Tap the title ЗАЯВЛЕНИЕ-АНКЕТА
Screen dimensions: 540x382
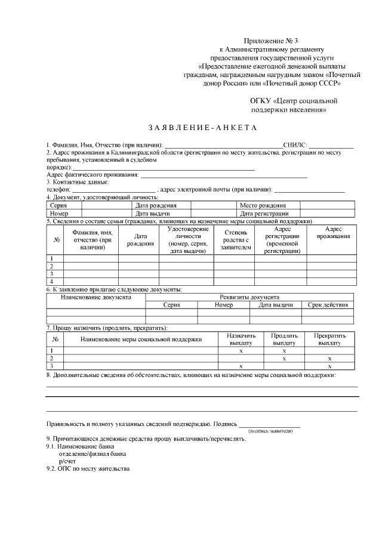pyautogui.click(x=202, y=128)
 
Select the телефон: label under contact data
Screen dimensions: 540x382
pyautogui.click(x=58, y=189)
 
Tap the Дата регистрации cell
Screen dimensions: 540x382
pyautogui.click(x=264, y=213)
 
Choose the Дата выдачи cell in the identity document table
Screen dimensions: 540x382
pyautogui.click(x=153, y=213)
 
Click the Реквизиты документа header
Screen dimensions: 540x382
pyautogui.click(x=249, y=297)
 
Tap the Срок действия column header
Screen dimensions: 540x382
pyautogui.click(x=328, y=305)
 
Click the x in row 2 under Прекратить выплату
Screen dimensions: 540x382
pyautogui.click(x=329, y=359)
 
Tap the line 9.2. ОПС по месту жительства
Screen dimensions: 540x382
pyautogui.click(x=88, y=469)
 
